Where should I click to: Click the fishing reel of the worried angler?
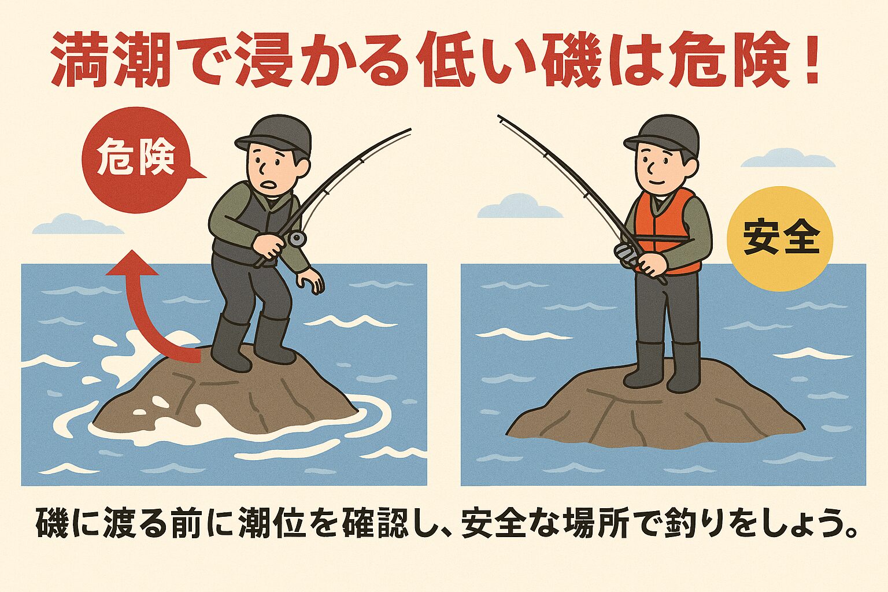tap(297, 238)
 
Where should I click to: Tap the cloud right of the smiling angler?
tap(787, 158)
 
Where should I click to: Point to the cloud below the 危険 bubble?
tap(77, 225)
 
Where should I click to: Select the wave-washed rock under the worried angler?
tap(225, 399)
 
